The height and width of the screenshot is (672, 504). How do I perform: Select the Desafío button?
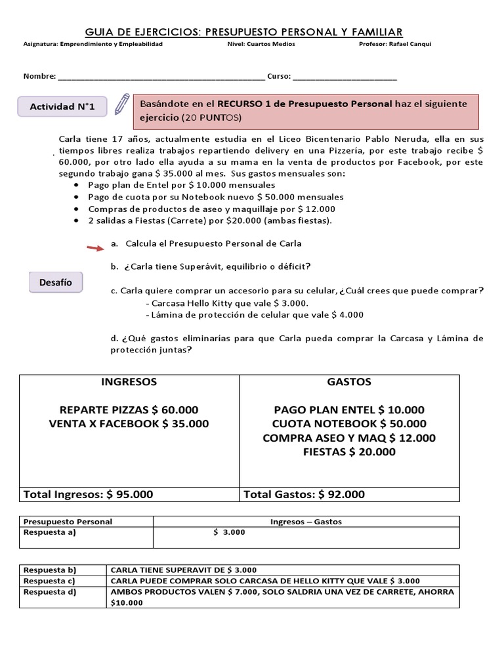(56, 283)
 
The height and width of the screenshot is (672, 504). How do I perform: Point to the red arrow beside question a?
(96, 247)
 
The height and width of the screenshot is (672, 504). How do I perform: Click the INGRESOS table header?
(129, 382)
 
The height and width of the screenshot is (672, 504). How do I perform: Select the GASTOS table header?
(349, 382)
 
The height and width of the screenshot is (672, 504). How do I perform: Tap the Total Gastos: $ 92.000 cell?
(304, 494)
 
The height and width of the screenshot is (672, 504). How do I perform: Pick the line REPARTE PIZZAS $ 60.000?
(129, 409)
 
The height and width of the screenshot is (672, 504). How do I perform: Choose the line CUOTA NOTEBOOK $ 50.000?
(349, 424)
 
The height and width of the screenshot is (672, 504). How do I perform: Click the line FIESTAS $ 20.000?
(349, 452)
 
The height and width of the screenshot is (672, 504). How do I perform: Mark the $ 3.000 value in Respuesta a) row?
(229, 532)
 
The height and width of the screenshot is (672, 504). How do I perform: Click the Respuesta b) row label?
(50, 570)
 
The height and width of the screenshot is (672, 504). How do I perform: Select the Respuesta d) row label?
(50, 592)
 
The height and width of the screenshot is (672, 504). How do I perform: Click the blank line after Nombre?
(161, 77)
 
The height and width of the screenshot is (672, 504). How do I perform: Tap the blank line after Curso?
(345, 77)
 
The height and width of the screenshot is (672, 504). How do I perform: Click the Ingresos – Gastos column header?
(306, 522)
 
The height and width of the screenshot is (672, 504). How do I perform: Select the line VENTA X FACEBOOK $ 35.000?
(129, 424)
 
